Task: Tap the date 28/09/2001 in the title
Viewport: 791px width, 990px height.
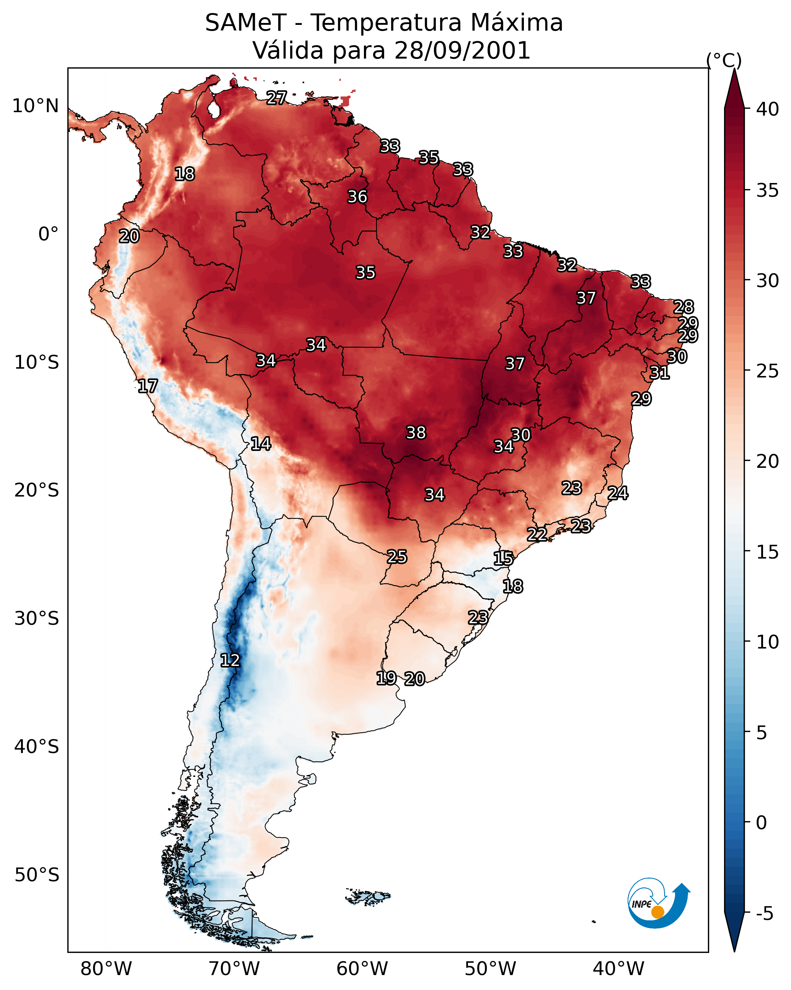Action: [462, 51]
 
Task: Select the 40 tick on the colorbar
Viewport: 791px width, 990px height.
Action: [768, 109]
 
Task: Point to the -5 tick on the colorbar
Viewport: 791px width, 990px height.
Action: [765, 914]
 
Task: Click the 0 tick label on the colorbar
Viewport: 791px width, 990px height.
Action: [761, 823]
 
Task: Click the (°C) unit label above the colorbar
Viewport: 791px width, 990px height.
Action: [724, 60]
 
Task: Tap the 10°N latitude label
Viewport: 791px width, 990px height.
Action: [35, 106]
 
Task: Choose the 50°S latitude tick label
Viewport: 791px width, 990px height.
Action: [37, 875]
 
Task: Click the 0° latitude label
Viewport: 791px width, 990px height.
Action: [48, 234]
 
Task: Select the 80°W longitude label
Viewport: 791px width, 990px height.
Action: [106, 969]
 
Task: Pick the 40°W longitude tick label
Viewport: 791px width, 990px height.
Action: [618, 969]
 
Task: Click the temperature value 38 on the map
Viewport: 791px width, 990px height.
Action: [416, 433]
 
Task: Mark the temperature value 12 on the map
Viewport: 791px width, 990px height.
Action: [230, 660]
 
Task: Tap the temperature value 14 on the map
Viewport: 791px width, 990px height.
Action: [261, 444]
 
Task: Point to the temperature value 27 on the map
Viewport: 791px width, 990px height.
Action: [276, 97]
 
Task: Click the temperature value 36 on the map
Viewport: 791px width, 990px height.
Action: [357, 196]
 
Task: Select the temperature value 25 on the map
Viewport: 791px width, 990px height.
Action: [396, 557]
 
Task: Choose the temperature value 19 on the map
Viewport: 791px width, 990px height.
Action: [386, 678]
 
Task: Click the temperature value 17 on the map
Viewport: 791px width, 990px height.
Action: [148, 386]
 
